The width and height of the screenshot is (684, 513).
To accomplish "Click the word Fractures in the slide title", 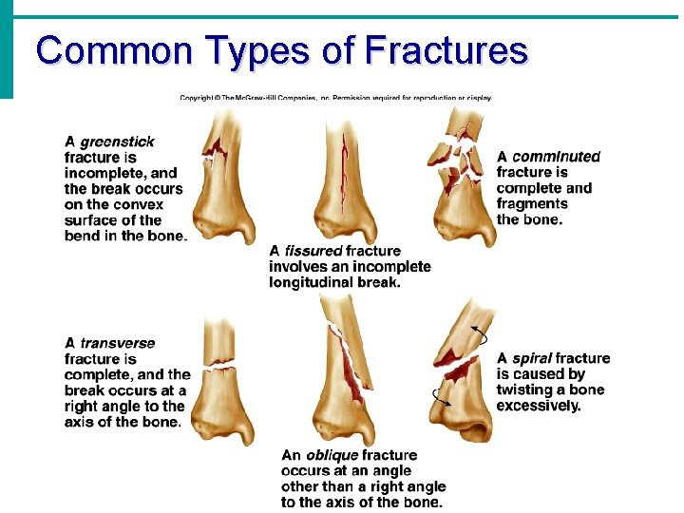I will (446, 50).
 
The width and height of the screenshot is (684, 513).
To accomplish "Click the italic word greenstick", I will (117, 142).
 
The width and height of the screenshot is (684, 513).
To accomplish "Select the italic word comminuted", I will (557, 157).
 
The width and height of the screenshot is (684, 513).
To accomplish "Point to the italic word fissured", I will (313, 251).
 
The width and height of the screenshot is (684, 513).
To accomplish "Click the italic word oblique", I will (332, 455).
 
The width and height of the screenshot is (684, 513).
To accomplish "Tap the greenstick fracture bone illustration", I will (224, 176).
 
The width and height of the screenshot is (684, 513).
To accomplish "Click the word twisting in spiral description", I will (526, 390).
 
